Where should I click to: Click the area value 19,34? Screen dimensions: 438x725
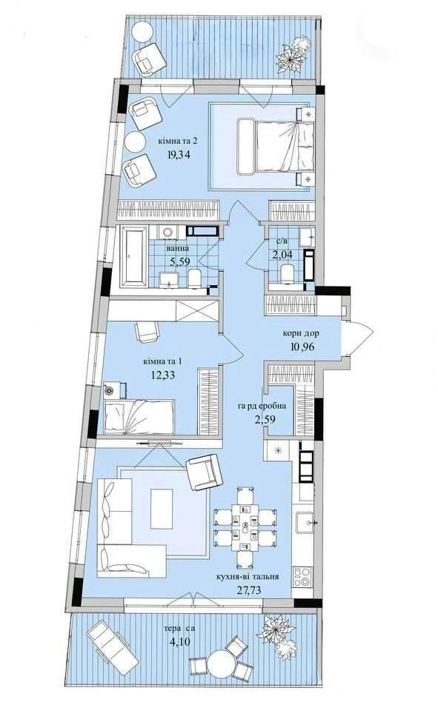[179, 154]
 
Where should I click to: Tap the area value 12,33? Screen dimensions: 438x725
[163, 375]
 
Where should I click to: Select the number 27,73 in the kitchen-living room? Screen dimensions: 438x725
[247, 590]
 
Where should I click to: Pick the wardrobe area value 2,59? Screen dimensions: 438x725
[264, 419]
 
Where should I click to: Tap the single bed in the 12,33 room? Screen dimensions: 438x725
[139, 418]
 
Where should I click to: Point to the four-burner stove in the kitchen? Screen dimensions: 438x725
[302, 577]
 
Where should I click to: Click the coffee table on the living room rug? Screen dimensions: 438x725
[162, 509]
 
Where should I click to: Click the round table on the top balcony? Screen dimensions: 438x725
[142, 33]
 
